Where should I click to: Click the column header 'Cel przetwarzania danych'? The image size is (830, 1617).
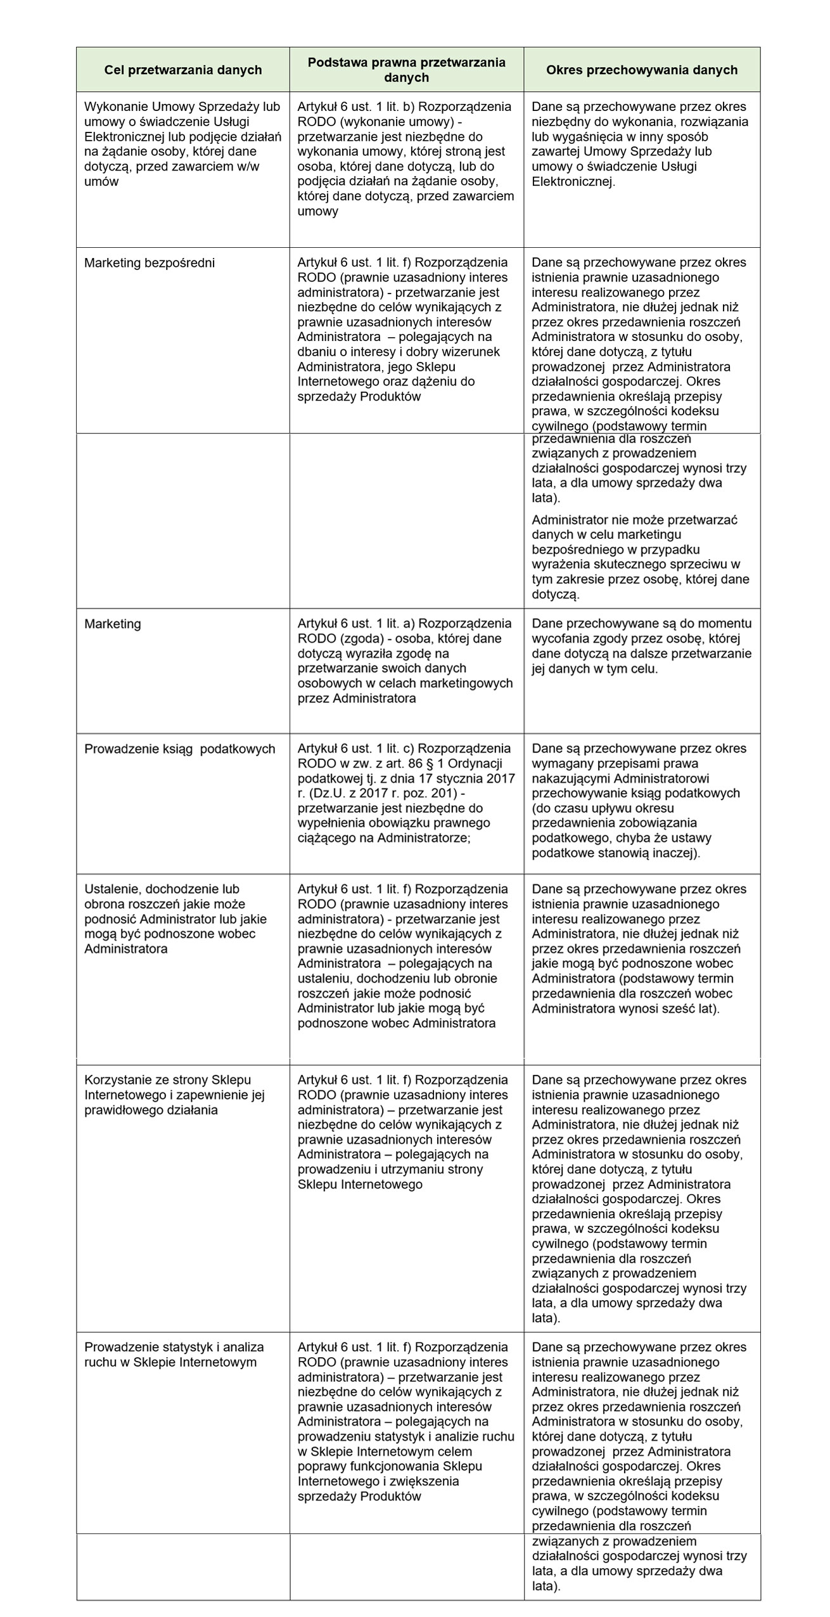[182, 70]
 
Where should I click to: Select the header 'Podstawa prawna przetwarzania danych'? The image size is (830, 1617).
[406, 70]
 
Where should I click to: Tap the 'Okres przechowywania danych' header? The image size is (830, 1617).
[641, 70]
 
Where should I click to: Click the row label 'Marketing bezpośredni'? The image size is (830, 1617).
[150, 262]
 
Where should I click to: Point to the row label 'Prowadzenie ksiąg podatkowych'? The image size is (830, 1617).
[180, 749]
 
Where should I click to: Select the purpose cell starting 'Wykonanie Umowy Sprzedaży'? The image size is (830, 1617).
[182, 144]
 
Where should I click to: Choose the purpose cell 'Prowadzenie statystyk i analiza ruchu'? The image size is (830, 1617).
[174, 1355]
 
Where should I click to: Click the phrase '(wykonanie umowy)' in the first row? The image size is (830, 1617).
[396, 122]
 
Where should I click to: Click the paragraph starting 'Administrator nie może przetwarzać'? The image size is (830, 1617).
[640, 557]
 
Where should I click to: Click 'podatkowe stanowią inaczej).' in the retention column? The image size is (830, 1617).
[615, 853]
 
